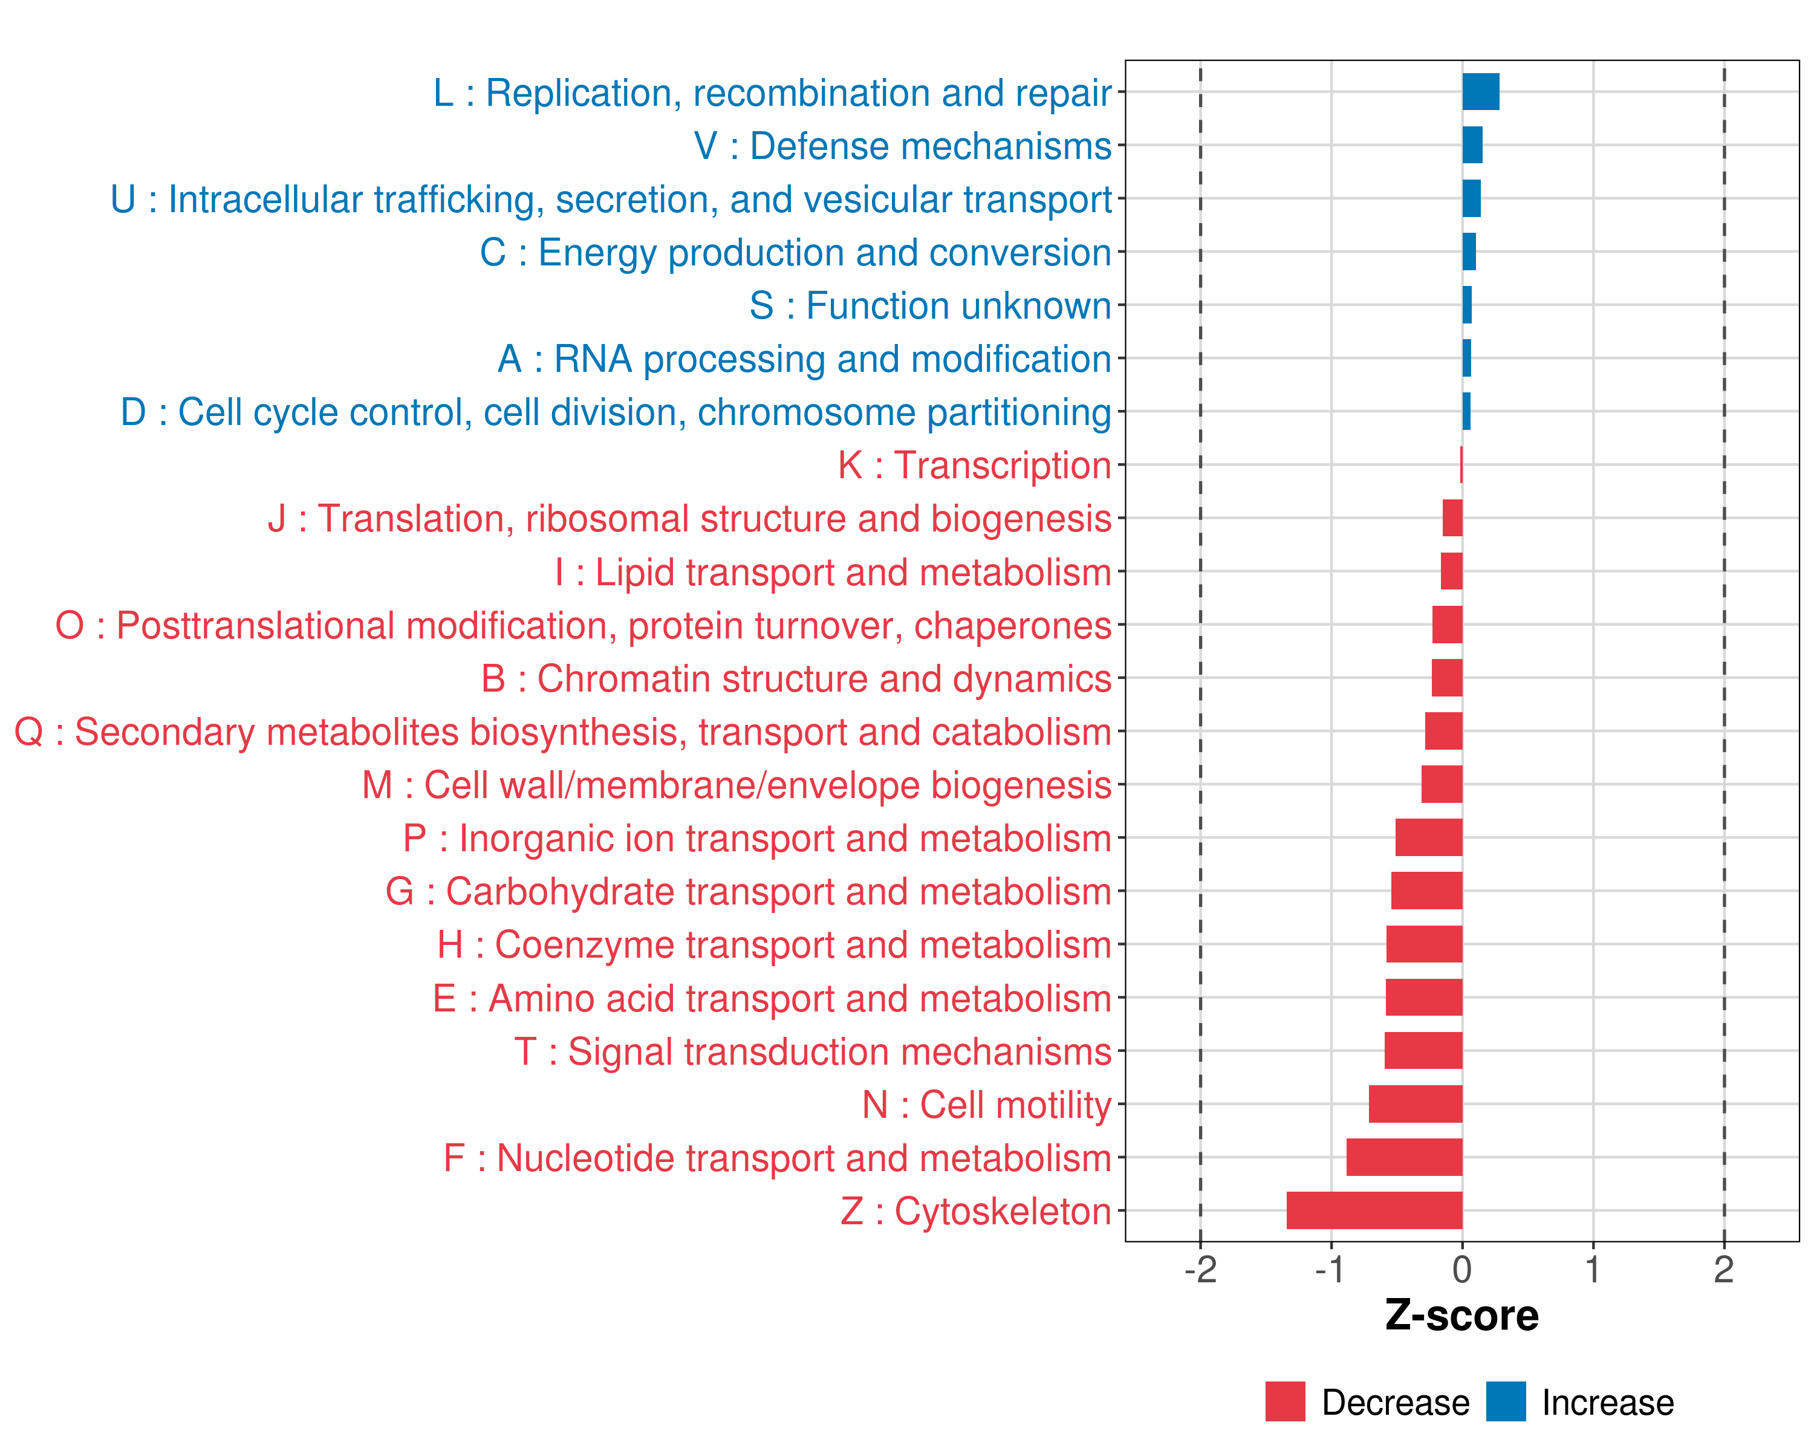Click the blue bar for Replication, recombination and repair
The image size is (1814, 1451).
(x=1480, y=92)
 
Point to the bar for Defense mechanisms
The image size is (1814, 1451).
(x=1472, y=144)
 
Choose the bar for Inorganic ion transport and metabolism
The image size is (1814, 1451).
(x=1429, y=838)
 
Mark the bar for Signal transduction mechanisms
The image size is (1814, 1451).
(x=1423, y=1051)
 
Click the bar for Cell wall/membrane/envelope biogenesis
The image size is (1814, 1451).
(x=1442, y=784)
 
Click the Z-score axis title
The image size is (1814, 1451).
(x=1461, y=1316)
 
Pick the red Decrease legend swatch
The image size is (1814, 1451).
(x=1285, y=1401)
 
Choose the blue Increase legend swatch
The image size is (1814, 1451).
(x=1505, y=1401)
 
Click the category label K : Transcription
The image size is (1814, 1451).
(x=974, y=465)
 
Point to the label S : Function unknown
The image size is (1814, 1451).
(x=930, y=305)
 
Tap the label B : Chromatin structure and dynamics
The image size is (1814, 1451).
(x=796, y=679)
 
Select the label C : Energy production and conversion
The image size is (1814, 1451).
(x=795, y=252)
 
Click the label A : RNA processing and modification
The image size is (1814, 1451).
(x=804, y=359)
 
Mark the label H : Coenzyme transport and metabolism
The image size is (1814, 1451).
(x=774, y=944)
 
